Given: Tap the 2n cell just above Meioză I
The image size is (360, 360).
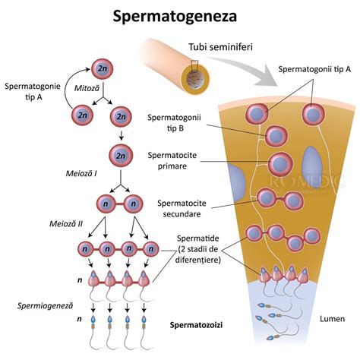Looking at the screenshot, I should click(x=119, y=156).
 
